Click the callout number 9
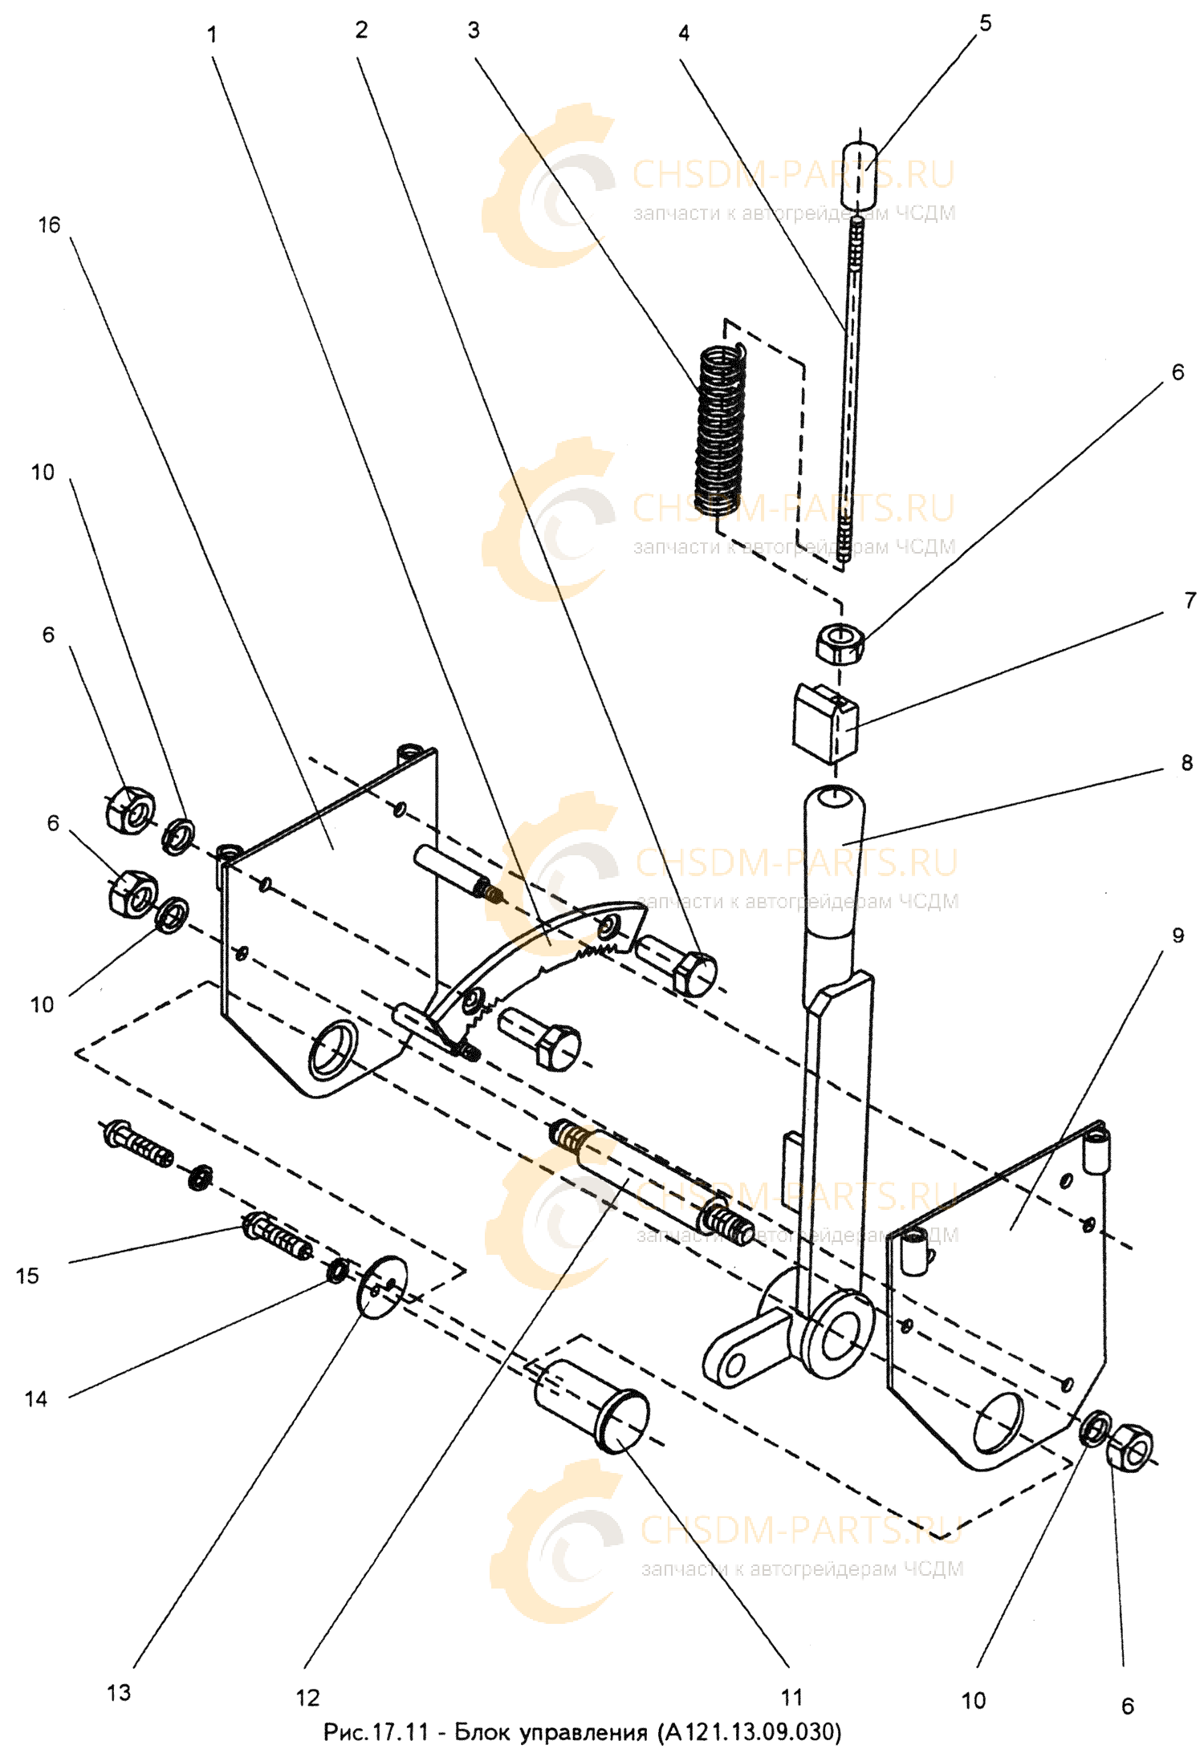(x=1177, y=936)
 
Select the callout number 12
(x=307, y=1696)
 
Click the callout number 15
(x=27, y=1275)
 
